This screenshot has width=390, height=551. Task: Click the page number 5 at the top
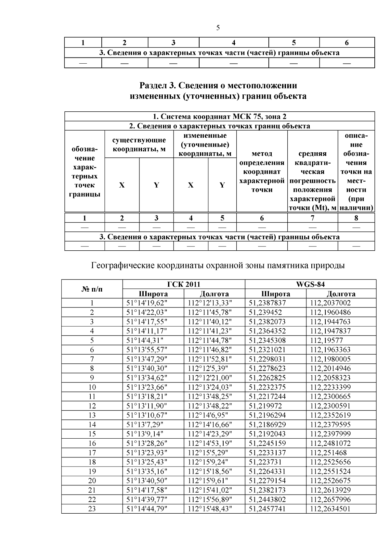[x=218, y=28]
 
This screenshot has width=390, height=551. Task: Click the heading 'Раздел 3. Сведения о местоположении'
[x=218, y=86]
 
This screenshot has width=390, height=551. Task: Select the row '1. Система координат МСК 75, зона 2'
[x=219, y=117]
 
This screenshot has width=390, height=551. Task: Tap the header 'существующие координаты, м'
[x=139, y=144]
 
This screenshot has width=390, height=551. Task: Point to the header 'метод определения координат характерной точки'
[x=262, y=171]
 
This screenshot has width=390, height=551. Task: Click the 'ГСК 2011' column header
[x=184, y=284]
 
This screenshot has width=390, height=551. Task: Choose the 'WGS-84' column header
[x=310, y=284]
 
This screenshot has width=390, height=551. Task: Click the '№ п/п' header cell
[x=92, y=289]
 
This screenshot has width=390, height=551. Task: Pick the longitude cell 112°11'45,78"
[x=210, y=312]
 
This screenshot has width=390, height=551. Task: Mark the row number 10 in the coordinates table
[x=92, y=387]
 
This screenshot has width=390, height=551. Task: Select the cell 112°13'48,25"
[x=210, y=396]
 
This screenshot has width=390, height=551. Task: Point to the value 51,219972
[x=265, y=406]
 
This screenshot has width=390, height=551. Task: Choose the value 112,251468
[x=328, y=453]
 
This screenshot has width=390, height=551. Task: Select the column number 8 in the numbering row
[x=356, y=218]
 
